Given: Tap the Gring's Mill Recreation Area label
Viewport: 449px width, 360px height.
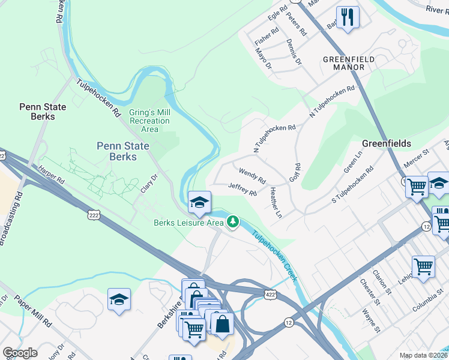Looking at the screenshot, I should pos(150,121).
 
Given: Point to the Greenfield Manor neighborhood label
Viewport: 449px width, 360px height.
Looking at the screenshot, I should pos(352,63).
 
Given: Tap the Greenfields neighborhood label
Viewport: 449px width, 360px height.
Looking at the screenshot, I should pos(387,143).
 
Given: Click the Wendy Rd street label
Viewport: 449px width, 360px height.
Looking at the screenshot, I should pos(252,176).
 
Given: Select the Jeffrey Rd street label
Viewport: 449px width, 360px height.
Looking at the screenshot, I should pos(243,190).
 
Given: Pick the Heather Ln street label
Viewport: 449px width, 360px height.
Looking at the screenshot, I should pos(276,202).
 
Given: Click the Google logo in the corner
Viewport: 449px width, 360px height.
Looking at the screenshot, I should pos(20,353).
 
